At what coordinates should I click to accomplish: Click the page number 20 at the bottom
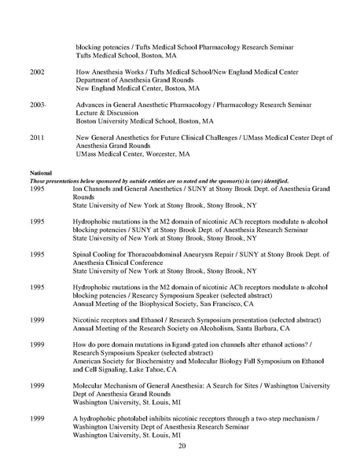(x=182, y=446)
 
